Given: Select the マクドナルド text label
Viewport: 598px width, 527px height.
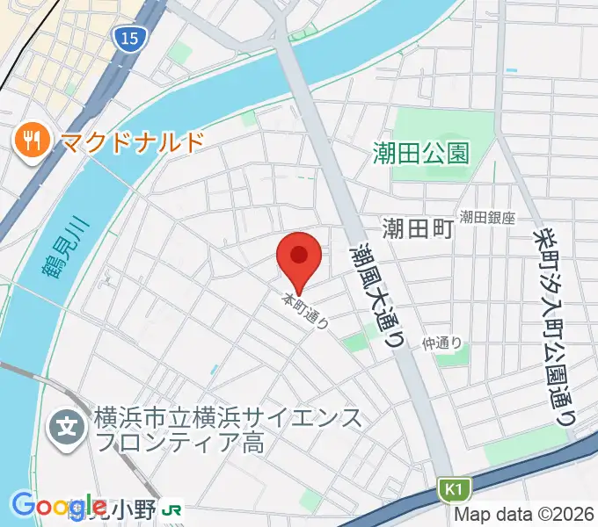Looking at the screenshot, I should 131,141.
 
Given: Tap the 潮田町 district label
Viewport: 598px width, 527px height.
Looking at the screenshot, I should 418,229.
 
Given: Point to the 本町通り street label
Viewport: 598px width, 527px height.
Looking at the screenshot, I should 305,311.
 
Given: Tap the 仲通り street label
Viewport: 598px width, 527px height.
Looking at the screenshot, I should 441,343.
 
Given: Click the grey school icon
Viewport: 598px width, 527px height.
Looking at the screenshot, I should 68,429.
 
